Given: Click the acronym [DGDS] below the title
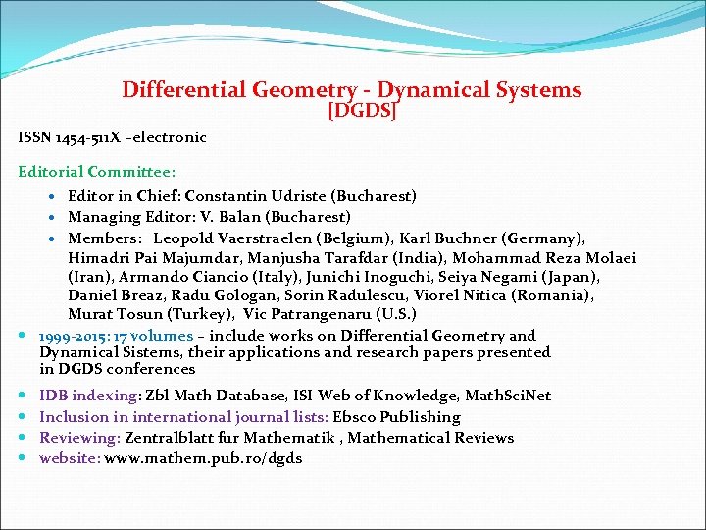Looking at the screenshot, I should coord(362,111).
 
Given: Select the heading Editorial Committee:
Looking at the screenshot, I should coord(97,172).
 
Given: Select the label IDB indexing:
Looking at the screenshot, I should coord(89,396).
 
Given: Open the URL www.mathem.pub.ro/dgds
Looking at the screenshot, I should coord(203,458).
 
